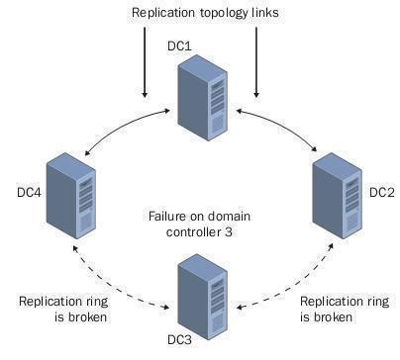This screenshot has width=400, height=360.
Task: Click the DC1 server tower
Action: (199, 97)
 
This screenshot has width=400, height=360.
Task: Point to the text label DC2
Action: (381, 191)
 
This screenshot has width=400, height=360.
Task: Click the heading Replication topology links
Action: (199, 13)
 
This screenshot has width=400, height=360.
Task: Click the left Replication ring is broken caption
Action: (60, 309)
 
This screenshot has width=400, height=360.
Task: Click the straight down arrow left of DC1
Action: (145, 63)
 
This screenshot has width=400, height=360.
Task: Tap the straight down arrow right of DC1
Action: (255, 63)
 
